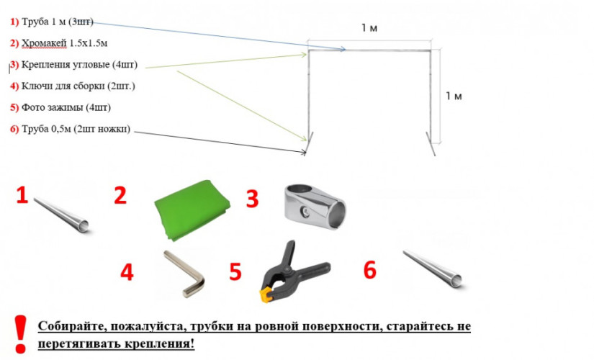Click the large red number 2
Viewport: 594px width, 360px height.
coord(120,196)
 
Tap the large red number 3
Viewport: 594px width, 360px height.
coord(252,199)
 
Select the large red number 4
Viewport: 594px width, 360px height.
coord(127,272)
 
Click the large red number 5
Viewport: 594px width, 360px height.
coord(235,271)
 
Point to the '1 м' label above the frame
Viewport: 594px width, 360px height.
coord(369,27)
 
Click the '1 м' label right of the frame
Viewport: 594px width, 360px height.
coord(454,96)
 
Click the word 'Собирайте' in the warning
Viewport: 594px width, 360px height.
coord(73,326)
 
